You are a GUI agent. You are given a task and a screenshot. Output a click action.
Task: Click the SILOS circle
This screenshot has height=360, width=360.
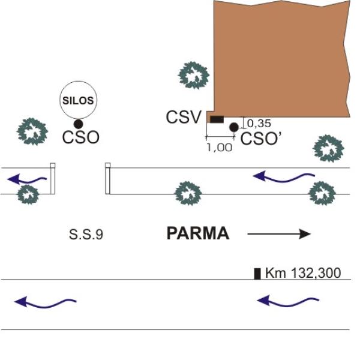pyautogui.click(x=79, y=100)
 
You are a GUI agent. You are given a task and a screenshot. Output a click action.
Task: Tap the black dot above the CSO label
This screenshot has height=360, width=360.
pyautogui.click(x=79, y=123)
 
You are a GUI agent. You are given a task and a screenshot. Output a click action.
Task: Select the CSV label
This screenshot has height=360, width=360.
pyautogui.click(x=183, y=118)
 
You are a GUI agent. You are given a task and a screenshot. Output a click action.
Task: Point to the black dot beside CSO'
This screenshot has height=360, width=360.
pyautogui.click(x=234, y=127)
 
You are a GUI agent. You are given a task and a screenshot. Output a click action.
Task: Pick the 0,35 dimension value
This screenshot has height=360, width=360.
pyautogui.click(x=259, y=124)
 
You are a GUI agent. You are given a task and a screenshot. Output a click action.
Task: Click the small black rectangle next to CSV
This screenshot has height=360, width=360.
pyautogui.click(x=216, y=119)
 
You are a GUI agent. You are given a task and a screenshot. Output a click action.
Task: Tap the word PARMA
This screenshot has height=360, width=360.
pyautogui.click(x=197, y=234)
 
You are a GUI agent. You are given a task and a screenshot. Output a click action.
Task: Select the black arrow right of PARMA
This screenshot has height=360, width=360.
pyautogui.click(x=280, y=234)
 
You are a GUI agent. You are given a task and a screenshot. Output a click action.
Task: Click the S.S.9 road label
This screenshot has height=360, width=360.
pyautogui.click(x=86, y=235)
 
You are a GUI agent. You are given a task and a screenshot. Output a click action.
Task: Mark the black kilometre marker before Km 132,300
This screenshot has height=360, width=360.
pyautogui.click(x=257, y=274)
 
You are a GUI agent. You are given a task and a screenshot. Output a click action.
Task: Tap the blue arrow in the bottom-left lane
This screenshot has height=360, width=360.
pyautogui.click(x=45, y=301)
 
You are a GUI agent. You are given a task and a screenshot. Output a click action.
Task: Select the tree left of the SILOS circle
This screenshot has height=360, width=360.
pyautogui.click(x=32, y=132)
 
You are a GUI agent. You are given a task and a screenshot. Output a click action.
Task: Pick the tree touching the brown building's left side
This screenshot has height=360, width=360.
pyautogui.click(x=194, y=75)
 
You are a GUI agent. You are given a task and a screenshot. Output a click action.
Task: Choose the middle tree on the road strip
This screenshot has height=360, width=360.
pyautogui.click(x=188, y=193)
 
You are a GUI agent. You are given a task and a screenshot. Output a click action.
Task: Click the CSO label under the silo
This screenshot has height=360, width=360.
pyautogui.click(x=80, y=138)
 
